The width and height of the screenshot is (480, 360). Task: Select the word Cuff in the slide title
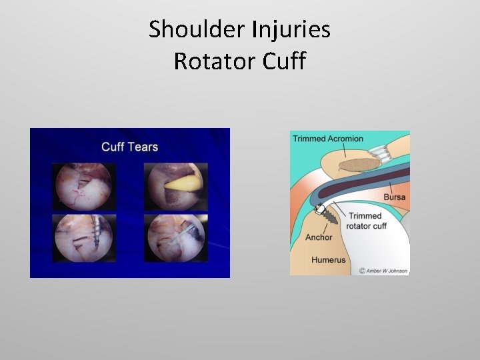(x=283, y=61)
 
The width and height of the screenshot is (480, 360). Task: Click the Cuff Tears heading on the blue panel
(x=129, y=146)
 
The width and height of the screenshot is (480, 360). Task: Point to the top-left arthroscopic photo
(x=85, y=186)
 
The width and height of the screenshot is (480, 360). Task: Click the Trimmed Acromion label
(x=327, y=139)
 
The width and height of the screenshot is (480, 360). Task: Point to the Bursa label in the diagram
(x=394, y=197)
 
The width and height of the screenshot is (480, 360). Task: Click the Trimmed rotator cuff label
(x=367, y=221)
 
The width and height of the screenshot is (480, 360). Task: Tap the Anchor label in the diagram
(x=319, y=237)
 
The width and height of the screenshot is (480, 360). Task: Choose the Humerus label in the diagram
(x=328, y=259)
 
